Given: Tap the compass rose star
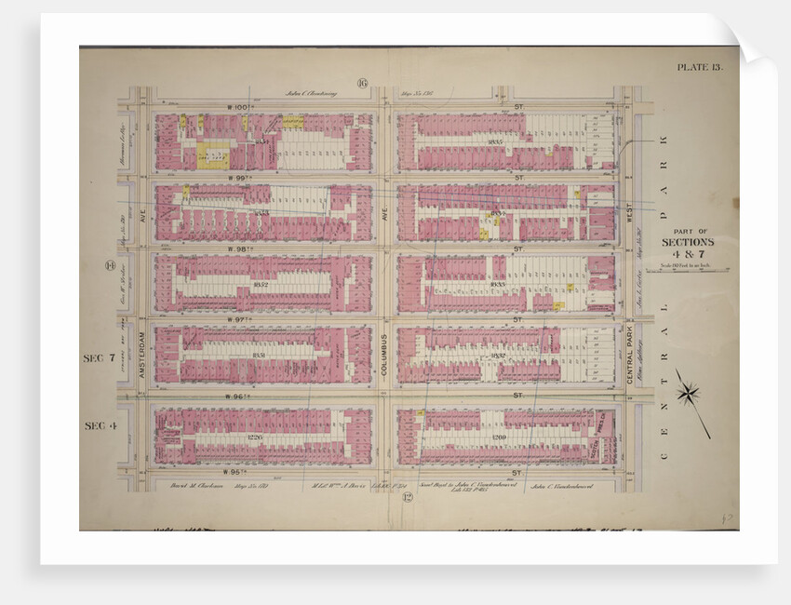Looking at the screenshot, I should coord(688,394).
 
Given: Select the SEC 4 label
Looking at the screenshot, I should coord(99,425).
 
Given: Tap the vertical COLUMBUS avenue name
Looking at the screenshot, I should coord(383,354).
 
